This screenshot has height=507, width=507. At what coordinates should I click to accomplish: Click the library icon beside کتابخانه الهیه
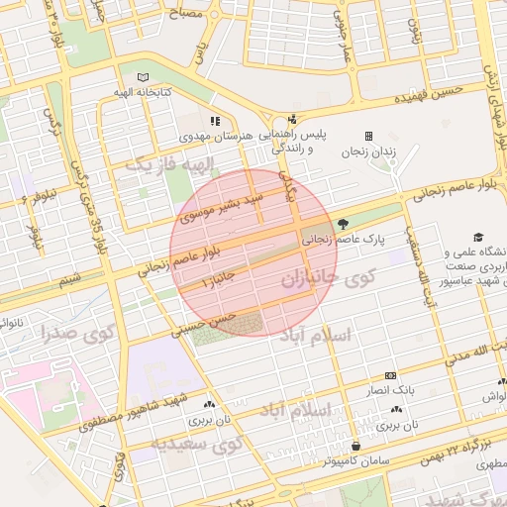point(145,77)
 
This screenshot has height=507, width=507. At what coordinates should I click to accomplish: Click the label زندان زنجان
point(368,152)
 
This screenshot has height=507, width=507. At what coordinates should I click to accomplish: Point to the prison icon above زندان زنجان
point(368,137)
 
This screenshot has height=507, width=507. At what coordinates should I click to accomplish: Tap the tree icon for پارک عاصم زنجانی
point(344,223)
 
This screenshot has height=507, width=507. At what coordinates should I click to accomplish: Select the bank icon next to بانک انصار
point(389,376)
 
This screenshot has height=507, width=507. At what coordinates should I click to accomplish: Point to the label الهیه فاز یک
point(156,162)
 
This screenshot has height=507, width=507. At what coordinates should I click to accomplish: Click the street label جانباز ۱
point(220,280)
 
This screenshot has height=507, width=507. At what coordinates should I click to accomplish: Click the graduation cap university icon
point(479,238)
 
